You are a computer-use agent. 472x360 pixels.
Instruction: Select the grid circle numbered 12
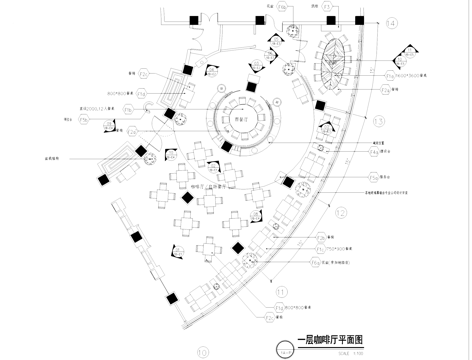coord(340,212)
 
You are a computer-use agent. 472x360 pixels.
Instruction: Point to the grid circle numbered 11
coord(281,291)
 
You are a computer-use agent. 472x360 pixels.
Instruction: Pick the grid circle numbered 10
coord(203,351)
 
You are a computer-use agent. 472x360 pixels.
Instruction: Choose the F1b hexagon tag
coord(145,74)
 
